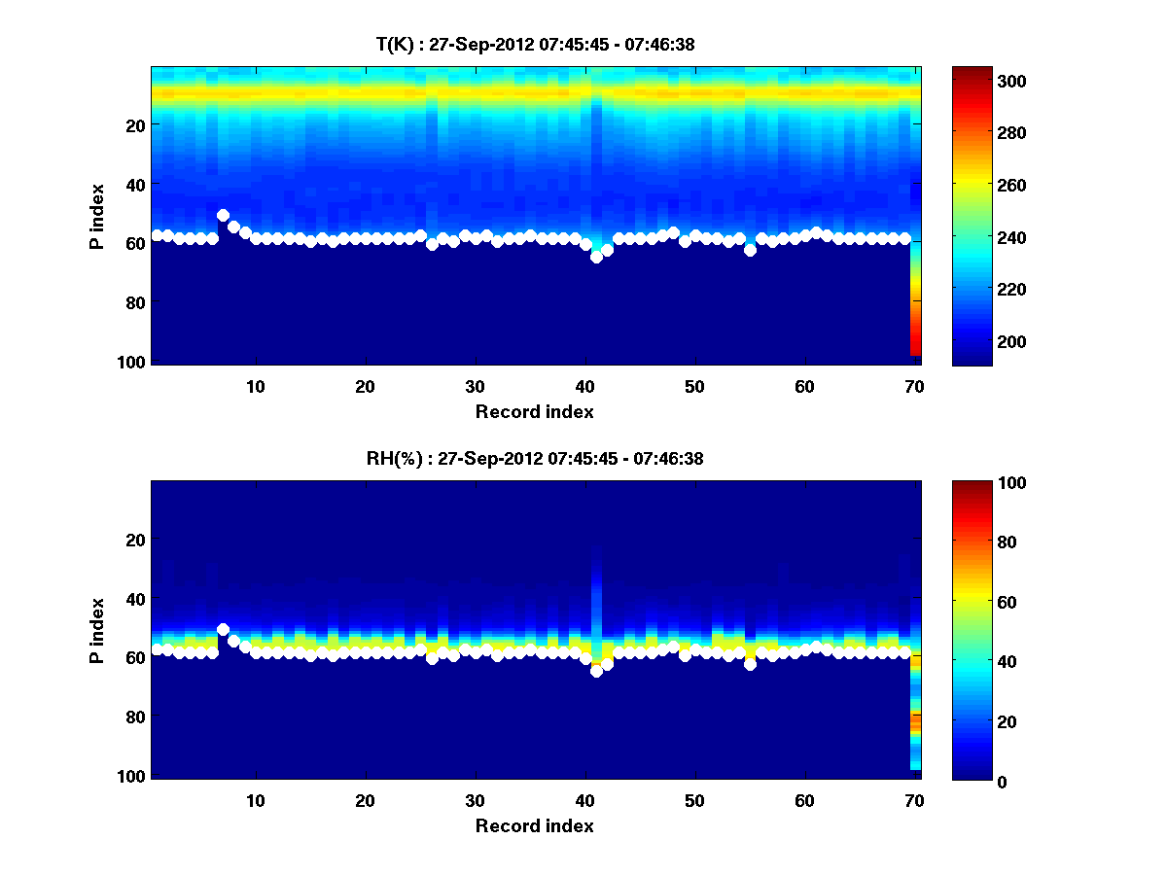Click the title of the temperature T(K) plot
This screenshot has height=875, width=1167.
click(535, 44)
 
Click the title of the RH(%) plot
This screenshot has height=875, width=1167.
click(535, 459)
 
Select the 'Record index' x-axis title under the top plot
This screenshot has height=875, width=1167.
click(535, 412)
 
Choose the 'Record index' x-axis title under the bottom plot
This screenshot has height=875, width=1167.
click(535, 826)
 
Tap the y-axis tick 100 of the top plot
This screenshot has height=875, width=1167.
click(133, 362)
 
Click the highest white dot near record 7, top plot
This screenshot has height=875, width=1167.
click(223, 215)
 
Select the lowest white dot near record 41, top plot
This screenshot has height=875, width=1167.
click(596, 257)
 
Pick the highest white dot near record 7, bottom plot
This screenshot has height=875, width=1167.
click(223, 629)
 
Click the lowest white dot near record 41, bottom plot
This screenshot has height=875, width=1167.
click(596, 671)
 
